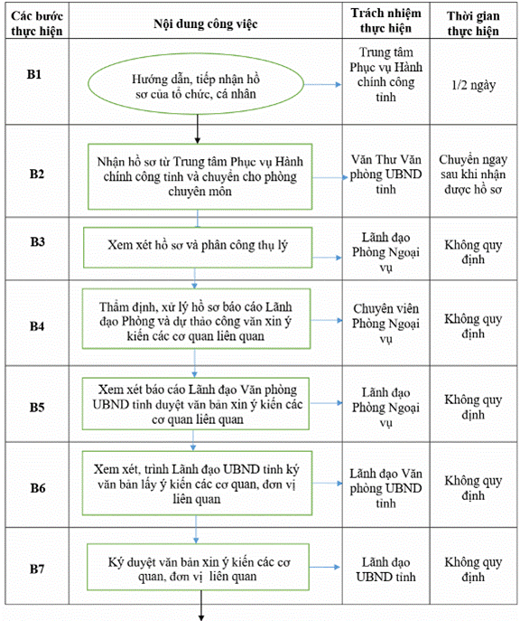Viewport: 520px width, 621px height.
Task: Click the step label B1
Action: pos(34,74)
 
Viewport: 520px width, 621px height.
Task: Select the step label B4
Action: pos(37,326)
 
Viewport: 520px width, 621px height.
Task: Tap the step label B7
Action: pos(37,569)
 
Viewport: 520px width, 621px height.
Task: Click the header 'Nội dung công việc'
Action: pos(206,24)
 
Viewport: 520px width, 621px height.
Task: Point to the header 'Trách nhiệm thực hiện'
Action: pos(386,21)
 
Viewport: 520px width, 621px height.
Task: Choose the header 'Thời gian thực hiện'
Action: pos(473,24)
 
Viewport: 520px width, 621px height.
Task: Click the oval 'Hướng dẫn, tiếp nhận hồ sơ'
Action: pos(196,84)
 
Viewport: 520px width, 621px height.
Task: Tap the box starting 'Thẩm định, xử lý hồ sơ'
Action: pos(197,319)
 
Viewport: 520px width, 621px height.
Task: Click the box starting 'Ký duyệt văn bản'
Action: pos(198,567)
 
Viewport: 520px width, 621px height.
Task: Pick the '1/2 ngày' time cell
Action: pos(474,85)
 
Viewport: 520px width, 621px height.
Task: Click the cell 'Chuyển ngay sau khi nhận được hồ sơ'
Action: pos(473,174)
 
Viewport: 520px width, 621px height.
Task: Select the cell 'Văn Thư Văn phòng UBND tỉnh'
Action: pos(386,174)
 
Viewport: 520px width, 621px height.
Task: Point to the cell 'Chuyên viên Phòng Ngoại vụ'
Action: pos(386,324)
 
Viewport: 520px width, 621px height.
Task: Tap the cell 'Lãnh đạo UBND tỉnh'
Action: pos(386,569)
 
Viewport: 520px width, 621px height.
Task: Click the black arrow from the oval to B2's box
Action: pos(198,128)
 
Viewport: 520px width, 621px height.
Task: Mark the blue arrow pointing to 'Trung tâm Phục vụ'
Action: pos(322,84)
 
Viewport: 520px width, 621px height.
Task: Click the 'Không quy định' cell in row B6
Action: pos(473,488)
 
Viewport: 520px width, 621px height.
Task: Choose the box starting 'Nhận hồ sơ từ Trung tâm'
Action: pos(200,176)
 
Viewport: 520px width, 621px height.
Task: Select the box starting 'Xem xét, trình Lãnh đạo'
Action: pos(197,484)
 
